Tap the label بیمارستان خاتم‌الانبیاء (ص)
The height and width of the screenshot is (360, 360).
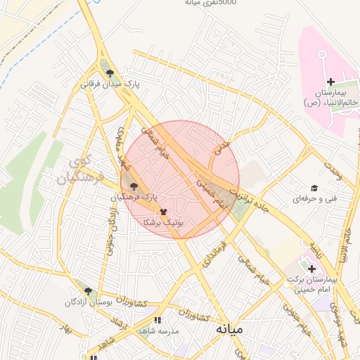point(331,98)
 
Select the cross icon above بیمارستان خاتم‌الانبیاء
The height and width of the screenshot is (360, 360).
point(330,82)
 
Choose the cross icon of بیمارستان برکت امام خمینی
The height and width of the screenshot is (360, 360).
point(311,268)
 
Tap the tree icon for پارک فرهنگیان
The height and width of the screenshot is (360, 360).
point(134,186)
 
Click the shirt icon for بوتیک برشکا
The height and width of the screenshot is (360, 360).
point(163,210)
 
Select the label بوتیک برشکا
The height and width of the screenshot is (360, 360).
point(163,221)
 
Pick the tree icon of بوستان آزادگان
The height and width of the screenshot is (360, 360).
point(88,290)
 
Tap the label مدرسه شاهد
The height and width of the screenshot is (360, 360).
point(157,331)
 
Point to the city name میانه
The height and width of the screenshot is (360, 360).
point(230,328)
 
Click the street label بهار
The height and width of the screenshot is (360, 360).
point(67,330)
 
